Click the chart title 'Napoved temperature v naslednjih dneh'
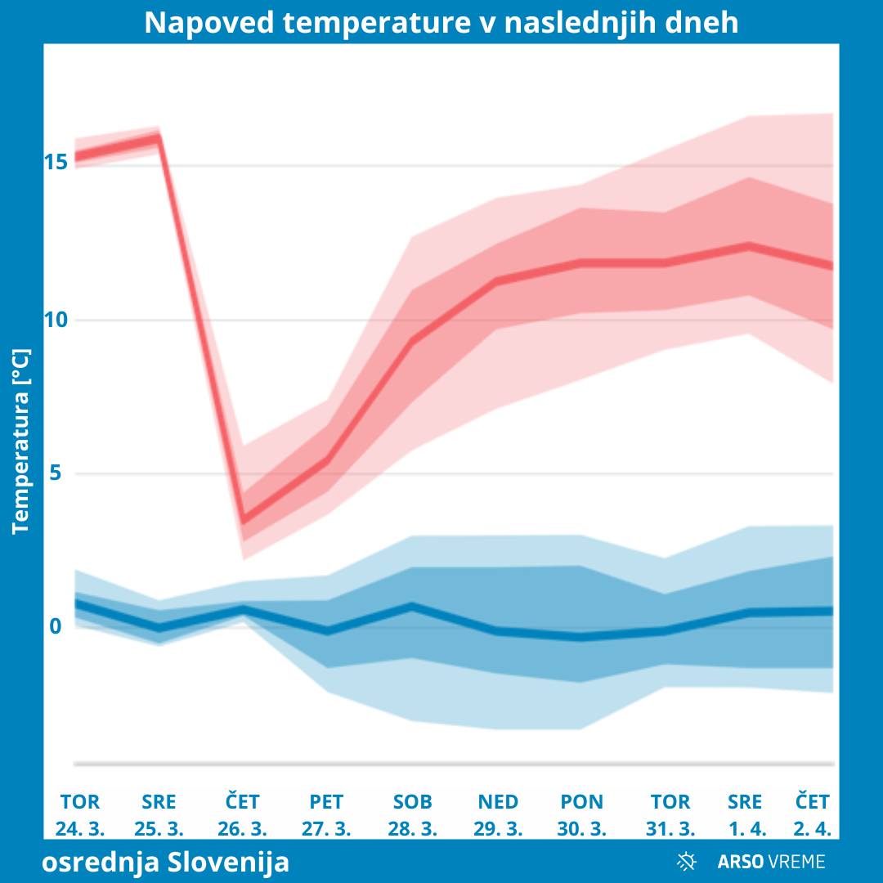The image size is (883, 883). pyautogui.click(x=441, y=23)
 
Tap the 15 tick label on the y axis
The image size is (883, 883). pyautogui.click(x=56, y=163)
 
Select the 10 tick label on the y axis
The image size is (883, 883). pyautogui.click(x=56, y=320)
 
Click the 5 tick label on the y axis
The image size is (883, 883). pyautogui.click(x=56, y=473)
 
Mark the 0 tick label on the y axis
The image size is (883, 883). pyautogui.click(x=56, y=626)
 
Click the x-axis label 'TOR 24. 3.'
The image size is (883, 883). pyautogui.click(x=80, y=814)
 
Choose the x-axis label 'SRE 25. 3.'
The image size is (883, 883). pyautogui.click(x=159, y=814)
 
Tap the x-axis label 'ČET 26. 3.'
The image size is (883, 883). pyautogui.click(x=243, y=814)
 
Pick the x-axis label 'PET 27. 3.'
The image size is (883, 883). pyautogui.click(x=326, y=814)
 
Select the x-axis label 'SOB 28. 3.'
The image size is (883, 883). pyautogui.click(x=412, y=814)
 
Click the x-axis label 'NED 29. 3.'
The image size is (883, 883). pyautogui.click(x=498, y=814)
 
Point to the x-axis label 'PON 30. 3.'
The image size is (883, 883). pyautogui.click(x=582, y=814)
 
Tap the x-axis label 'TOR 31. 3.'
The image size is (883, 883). pyautogui.click(x=670, y=814)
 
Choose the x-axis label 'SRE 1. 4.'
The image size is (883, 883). pyautogui.click(x=745, y=814)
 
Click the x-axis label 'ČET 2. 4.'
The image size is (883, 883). pyautogui.click(x=813, y=814)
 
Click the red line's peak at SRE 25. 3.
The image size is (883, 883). pyautogui.click(x=158, y=137)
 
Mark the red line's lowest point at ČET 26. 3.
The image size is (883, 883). pyautogui.click(x=243, y=520)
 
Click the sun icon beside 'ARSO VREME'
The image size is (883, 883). pyautogui.click(x=687, y=861)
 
